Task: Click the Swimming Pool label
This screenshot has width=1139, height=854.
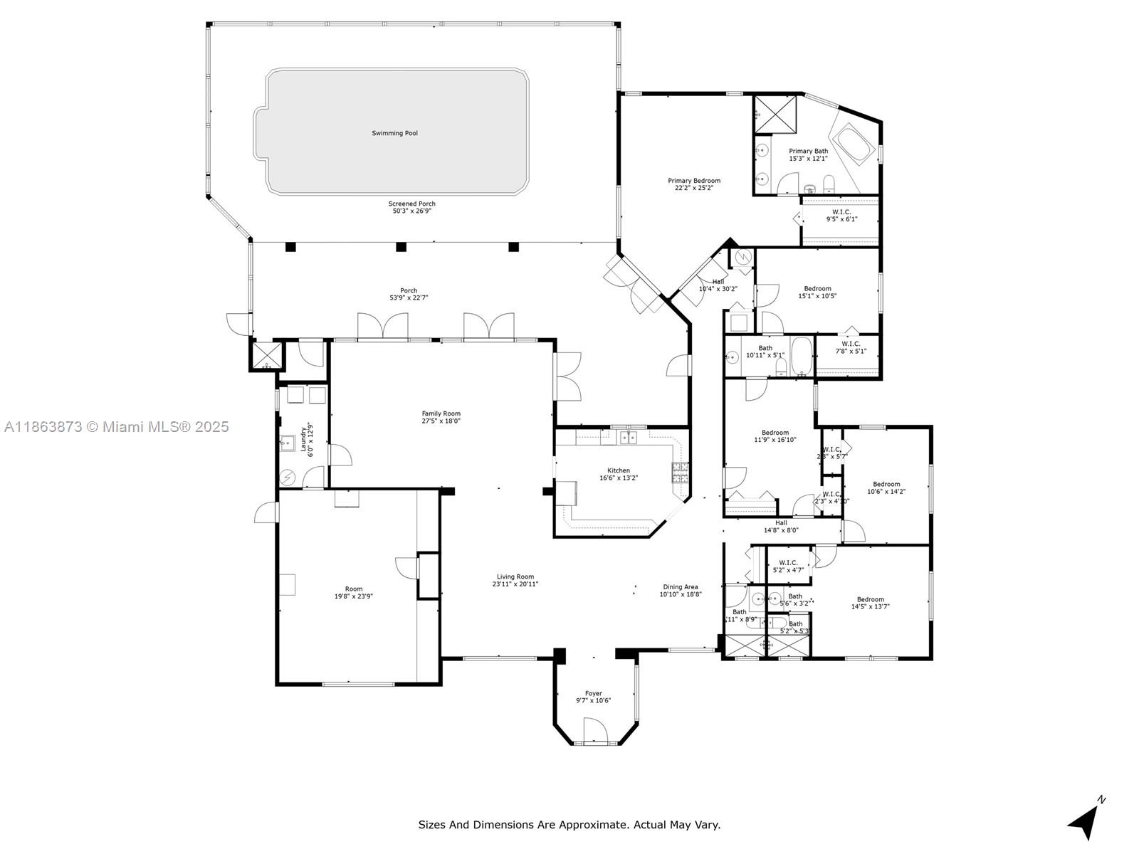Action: pyautogui.click(x=394, y=133)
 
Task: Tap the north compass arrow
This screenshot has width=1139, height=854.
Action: pyautogui.click(x=1084, y=823)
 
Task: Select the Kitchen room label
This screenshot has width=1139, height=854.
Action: pyautogui.click(x=618, y=470)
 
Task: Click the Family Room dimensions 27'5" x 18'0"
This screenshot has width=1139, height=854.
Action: pyautogui.click(x=441, y=421)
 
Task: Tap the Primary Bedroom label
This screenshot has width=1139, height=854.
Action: pyautogui.click(x=693, y=181)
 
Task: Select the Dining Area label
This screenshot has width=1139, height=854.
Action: pyautogui.click(x=680, y=587)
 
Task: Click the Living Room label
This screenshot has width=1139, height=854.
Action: pyautogui.click(x=515, y=577)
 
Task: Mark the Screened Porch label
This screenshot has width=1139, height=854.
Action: pyautogui.click(x=411, y=204)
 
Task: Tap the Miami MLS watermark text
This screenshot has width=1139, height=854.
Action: pyautogui.click(x=116, y=427)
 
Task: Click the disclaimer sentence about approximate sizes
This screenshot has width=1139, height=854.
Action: pyautogui.click(x=569, y=825)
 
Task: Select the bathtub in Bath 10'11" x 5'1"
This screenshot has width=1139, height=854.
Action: pyautogui.click(x=801, y=356)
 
